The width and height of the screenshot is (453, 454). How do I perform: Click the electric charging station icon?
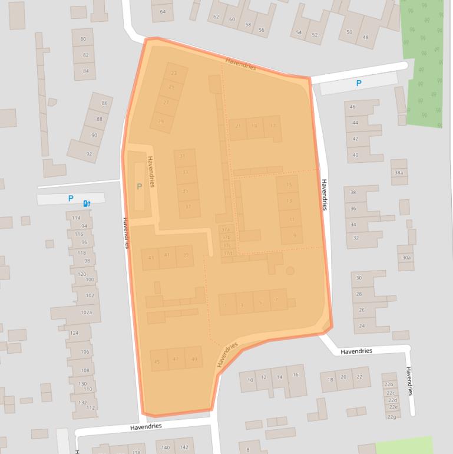click(87, 203)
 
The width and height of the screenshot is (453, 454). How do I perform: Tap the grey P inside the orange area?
click(139, 186)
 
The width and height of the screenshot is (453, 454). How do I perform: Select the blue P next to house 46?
click(359, 84)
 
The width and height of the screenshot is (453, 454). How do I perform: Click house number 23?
click(173, 73)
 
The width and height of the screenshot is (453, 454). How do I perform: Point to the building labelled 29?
click(161, 121)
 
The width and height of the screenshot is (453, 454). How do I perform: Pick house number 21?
click(238, 126)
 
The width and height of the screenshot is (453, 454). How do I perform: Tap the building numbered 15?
click(289, 185)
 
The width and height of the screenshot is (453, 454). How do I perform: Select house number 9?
click(293, 236)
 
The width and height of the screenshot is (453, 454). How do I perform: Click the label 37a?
click(226, 230)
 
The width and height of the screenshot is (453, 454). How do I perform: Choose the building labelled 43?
click(151, 258)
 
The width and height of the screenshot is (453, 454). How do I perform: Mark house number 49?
click(194, 359)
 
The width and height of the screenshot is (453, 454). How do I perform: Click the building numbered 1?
click(227, 304)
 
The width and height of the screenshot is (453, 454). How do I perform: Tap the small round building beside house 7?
click(290, 271)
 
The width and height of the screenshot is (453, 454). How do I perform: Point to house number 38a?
click(399, 173)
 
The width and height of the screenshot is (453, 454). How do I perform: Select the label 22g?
click(391, 417)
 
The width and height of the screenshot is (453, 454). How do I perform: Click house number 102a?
click(87, 312)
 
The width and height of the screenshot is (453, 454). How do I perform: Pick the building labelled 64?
click(163, 12)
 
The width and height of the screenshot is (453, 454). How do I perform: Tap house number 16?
click(296, 374)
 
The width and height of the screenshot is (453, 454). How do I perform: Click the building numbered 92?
click(89, 154)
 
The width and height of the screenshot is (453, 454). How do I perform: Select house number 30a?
click(406, 258)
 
